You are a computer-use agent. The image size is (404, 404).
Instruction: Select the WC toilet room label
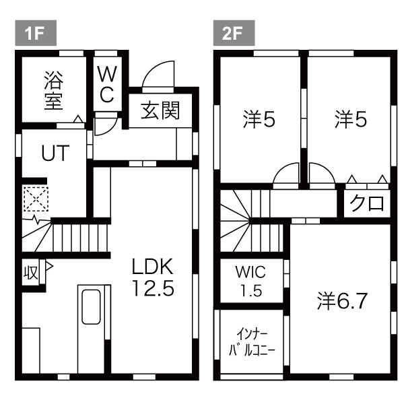(106, 83)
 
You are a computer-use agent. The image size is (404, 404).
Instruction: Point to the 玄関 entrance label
(160, 110)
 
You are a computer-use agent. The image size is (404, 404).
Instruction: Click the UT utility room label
(53, 153)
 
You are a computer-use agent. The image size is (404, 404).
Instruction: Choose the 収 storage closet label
(30, 273)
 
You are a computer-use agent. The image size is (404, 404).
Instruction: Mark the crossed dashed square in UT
(34, 199)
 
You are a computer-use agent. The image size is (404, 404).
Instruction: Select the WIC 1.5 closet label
(250, 281)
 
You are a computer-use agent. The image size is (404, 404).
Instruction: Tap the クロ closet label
(367, 203)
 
